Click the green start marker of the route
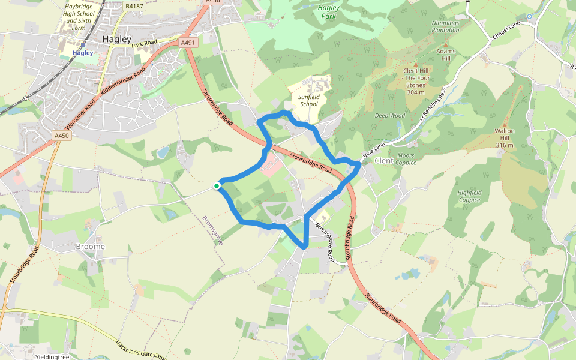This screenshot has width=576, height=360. point(217,186)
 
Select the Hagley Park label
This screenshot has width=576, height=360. point(328,12)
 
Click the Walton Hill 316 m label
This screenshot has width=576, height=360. point(505,137)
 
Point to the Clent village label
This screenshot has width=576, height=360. point(384,161)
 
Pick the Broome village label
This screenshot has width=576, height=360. point(91,247)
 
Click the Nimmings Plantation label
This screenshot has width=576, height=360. point(445,26)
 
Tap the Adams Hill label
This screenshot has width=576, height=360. point(446,55)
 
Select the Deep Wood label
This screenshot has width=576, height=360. point(390,116)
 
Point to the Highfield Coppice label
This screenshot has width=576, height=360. point(470,196)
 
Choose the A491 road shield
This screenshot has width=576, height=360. point(188,43)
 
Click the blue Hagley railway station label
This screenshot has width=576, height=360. point(83,53)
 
